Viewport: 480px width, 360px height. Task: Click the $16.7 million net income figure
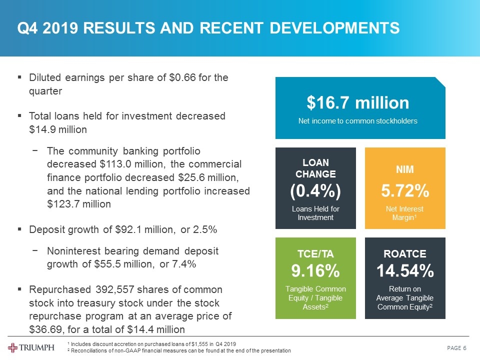coord(357,103)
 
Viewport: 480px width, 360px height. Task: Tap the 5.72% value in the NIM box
coord(404,190)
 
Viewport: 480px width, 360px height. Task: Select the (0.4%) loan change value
coord(315,190)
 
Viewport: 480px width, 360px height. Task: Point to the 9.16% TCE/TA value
coord(315,271)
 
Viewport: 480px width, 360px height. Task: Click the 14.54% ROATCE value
coord(404,271)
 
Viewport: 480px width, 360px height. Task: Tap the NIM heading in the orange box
coord(404,169)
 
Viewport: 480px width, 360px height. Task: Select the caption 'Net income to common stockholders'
coord(357,121)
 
